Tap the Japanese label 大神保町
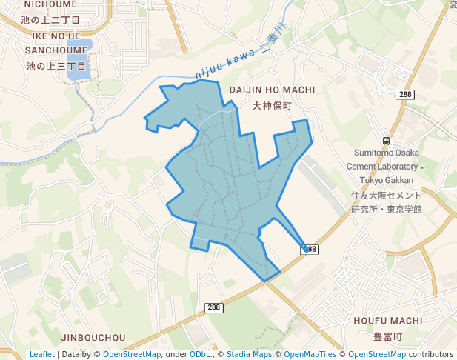272,106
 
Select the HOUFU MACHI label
387,321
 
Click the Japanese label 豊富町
387,336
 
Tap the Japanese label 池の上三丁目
56,66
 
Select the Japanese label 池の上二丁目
50,20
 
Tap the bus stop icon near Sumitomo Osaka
386,141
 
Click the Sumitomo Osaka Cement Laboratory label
385,166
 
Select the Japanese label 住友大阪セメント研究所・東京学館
386,202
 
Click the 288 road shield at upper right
405,95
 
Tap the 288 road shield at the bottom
213,307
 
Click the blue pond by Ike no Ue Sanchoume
78,61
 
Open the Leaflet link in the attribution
41,355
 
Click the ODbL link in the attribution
200,355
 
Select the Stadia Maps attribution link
249,355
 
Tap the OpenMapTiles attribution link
310,355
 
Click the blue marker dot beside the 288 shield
305,249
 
